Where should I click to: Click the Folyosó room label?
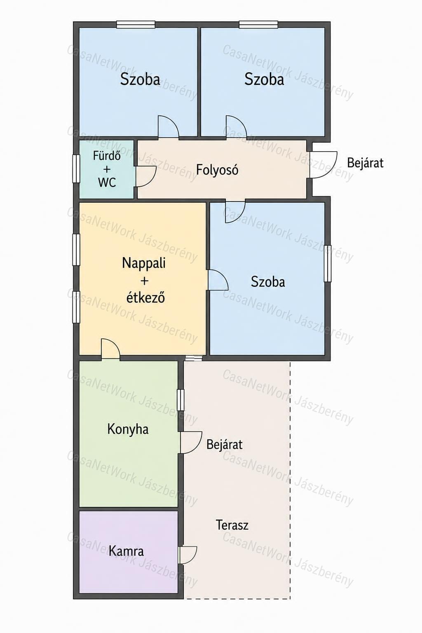tap(217, 170)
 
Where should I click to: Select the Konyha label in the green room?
tap(128, 429)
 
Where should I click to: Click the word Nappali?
tap(143, 263)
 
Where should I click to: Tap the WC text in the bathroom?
tap(107, 183)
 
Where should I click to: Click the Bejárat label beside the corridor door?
tap(365, 163)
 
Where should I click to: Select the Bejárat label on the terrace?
tap(225, 445)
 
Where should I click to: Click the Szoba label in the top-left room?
tap(140, 80)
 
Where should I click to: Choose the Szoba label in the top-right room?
tap(264, 80)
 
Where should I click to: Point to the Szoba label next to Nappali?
tap(268, 282)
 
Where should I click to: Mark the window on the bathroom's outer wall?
tap(76, 169)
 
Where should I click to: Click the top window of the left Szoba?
tap(136, 25)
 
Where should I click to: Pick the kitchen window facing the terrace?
tap(181, 400)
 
